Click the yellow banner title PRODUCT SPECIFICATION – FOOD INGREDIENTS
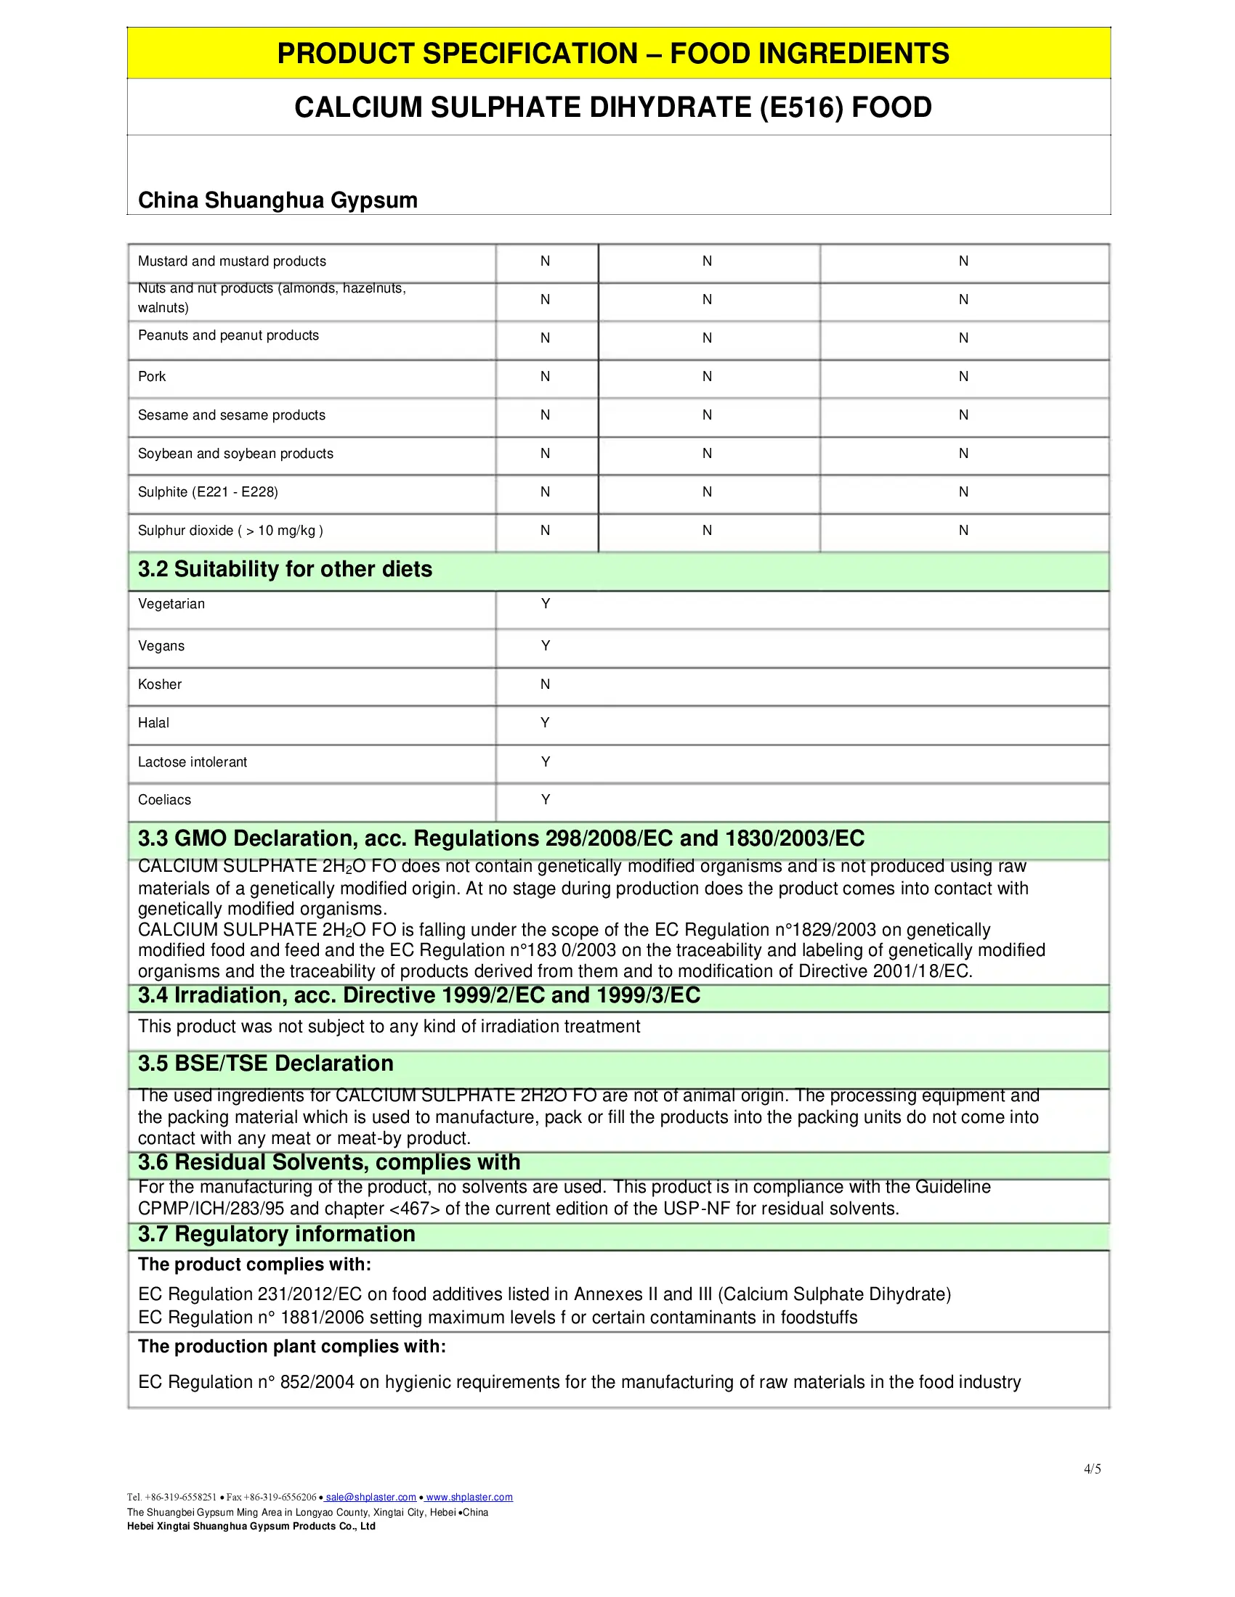pos(613,54)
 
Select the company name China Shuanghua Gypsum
pos(278,200)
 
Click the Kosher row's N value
pos(545,685)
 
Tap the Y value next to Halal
pos(545,722)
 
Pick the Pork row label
pos(152,377)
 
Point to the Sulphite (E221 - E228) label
pos(208,492)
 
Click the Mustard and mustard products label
pos(232,261)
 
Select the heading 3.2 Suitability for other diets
pos(285,569)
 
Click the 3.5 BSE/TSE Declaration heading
pos(266,1063)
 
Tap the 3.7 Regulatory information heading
pos(277,1234)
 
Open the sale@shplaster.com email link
pos(371,1498)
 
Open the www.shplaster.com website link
pos(469,1498)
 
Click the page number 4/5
pos(1093,1469)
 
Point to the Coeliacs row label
pos(165,800)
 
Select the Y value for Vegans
pos(545,645)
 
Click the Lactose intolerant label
pos(193,762)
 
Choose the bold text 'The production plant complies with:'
pos(292,1346)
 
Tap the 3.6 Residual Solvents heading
pos(329,1163)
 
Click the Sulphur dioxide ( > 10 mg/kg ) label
pos(230,531)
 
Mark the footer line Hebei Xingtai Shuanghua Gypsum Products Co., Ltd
pos(251,1526)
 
